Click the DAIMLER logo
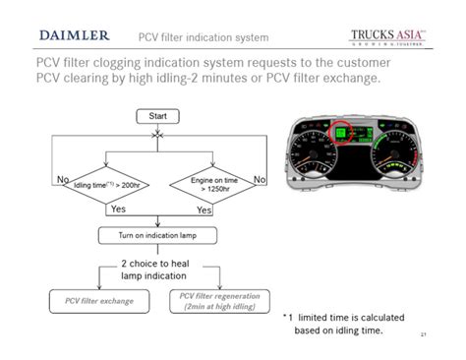tap(74, 35)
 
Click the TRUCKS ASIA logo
tap(387, 36)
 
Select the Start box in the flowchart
tap(157, 117)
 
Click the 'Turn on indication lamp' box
tap(157, 235)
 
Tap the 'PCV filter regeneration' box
tap(217, 299)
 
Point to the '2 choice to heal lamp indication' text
tap(158, 270)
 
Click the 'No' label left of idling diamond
tap(63, 180)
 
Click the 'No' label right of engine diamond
tap(260, 180)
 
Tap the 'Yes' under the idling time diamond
tap(118, 210)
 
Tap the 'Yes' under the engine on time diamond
tap(204, 210)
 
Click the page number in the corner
tap(424, 335)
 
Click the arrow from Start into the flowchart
tap(157, 135)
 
